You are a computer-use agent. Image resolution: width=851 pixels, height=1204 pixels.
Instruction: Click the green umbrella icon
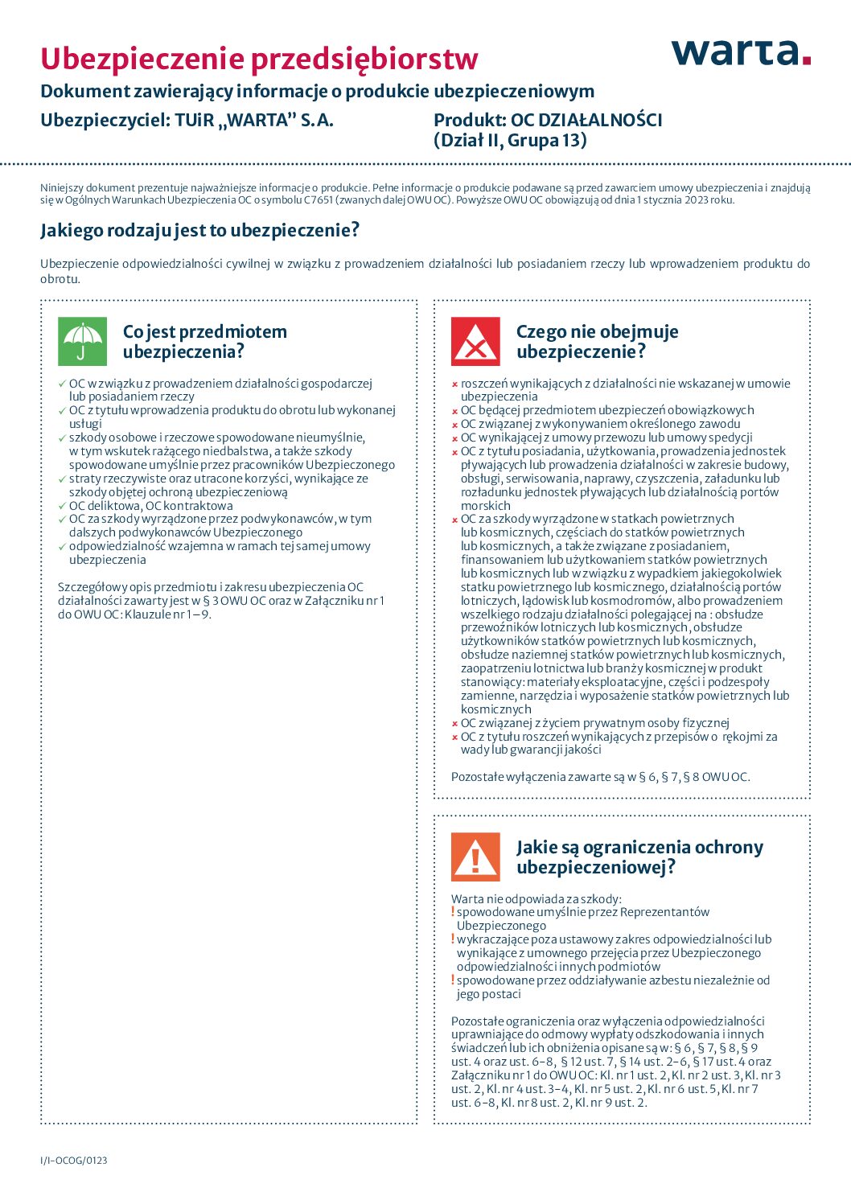click(x=82, y=342)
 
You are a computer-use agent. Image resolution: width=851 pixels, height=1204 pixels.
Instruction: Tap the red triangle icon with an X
click(x=475, y=342)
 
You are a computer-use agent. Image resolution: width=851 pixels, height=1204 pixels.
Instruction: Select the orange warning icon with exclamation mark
click(x=475, y=857)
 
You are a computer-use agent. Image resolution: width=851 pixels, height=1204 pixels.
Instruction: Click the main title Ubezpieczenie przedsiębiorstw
click(x=259, y=59)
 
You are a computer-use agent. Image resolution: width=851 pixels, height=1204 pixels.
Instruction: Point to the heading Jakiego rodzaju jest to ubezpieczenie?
click(x=199, y=231)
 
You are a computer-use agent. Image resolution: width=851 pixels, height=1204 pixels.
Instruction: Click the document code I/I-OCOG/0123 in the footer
click(x=74, y=1160)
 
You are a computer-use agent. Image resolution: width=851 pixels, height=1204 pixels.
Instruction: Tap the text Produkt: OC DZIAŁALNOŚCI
click(x=548, y=120)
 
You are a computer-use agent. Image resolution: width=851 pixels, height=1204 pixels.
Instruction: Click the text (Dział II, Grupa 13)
click(x=510, y=140)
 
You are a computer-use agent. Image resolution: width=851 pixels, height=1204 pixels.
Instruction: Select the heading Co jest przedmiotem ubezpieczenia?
click(x=204, y=342)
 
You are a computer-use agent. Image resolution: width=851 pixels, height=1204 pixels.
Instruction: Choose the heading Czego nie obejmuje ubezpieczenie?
click(x=597, y=342)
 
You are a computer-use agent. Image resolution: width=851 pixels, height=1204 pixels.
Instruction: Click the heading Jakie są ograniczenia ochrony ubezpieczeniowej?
click(x=639, y=857)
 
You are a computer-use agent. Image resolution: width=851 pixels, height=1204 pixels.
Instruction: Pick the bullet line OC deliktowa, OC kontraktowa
click(x=150, y=506)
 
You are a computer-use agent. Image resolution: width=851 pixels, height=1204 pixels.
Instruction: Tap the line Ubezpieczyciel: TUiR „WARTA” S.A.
click(x=187, y=120)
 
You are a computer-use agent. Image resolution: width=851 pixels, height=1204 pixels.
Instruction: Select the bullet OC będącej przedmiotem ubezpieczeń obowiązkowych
click(x=607, y=410)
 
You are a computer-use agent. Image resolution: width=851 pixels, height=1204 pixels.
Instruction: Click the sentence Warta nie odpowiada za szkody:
click(x=536, y=898)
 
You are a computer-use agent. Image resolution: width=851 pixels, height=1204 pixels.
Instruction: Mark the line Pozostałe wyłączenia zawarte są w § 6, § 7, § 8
click(x=600, y=777)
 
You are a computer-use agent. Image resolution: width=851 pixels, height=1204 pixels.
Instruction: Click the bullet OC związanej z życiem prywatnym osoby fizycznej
click(x=594, y=723)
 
